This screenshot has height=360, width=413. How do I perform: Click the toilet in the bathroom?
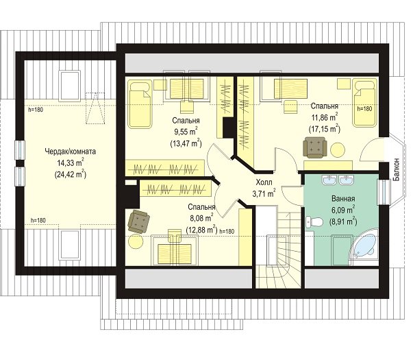coord(314,221)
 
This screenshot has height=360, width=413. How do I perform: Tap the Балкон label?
coord(397,169)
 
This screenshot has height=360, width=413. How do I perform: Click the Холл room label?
coord(264,182)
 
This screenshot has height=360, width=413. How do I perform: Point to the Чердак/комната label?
coord(70,152)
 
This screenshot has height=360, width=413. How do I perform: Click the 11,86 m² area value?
coord(325,117)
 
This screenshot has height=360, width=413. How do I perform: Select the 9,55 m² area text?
coord(185,132)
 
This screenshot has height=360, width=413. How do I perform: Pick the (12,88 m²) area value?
coord(201,229)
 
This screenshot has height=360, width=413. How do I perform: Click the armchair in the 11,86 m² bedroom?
coord(315,147)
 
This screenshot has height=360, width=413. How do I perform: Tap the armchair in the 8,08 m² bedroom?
coord(138,221)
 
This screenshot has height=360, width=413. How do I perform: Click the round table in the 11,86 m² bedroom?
coord(338,150)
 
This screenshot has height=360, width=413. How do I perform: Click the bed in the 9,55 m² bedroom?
coord(140,104)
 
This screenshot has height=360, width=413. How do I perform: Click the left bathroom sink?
coord(329,180)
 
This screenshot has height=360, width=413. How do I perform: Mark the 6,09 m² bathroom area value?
coord(343,211)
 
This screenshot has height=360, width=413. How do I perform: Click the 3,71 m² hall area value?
coord(264,193)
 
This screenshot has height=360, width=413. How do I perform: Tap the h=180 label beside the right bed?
coord(364,108)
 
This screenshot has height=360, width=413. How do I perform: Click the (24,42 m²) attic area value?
coord(71,174)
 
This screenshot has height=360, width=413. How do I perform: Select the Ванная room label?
coord(343,199)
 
